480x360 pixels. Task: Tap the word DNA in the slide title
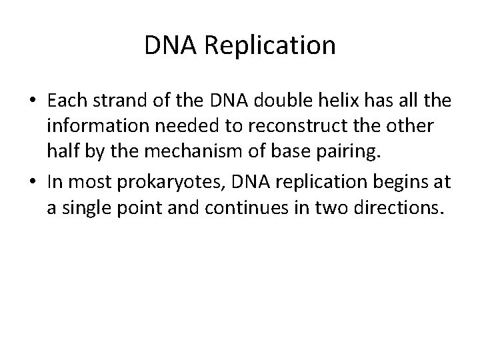pos(164,46)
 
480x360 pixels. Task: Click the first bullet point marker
pos(32,101)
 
